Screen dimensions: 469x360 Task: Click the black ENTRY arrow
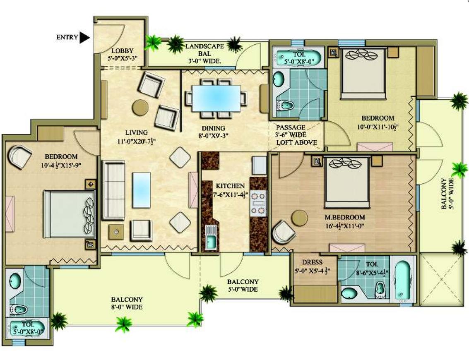(84, 38)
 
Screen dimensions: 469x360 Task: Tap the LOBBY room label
(123, 51)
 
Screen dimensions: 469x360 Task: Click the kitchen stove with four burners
(258, 204)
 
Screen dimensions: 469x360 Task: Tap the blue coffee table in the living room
(142, 190)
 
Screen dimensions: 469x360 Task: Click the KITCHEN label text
(230, 186)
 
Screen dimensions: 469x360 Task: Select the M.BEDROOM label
(345, 217)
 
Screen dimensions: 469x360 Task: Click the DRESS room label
(312, 262)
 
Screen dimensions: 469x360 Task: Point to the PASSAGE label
(291, 128)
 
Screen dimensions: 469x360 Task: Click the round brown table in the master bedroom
(299, 218)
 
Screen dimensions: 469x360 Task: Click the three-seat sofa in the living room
(114, 190)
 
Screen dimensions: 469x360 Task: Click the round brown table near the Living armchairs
(140, 107)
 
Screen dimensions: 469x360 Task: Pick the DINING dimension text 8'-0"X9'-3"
(213, 135)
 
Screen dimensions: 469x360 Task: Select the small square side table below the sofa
(116, 231)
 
